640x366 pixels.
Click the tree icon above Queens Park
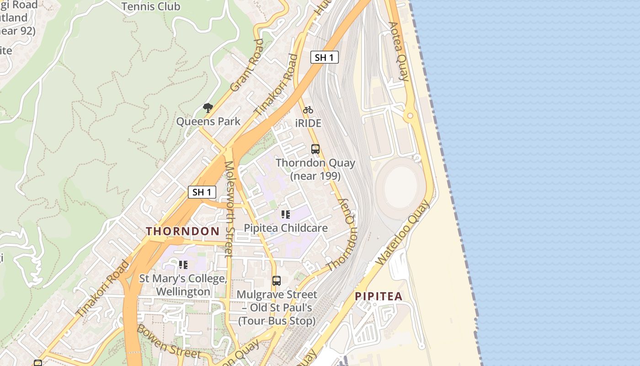[x=208, y=108]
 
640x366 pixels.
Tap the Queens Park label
[x=208, y=122]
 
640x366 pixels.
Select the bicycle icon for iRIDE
[x=308, y=110]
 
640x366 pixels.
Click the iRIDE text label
[x=308, y=124]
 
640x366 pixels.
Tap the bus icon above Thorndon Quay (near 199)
[x=315, y=149]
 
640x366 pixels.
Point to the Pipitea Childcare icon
[x=286, y=214]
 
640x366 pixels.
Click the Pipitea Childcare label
[x=286, y=228]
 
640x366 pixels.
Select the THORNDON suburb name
[x=183, y=231]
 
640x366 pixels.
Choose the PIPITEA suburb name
[x=379, y=296]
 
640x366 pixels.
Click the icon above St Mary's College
[x=183, y=264]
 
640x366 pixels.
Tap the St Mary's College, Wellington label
[x=183, y=285]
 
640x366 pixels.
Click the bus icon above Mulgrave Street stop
[x=277, y=281]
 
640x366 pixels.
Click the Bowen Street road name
[x=162, y=341]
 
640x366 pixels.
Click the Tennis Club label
[x=151, y=6]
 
